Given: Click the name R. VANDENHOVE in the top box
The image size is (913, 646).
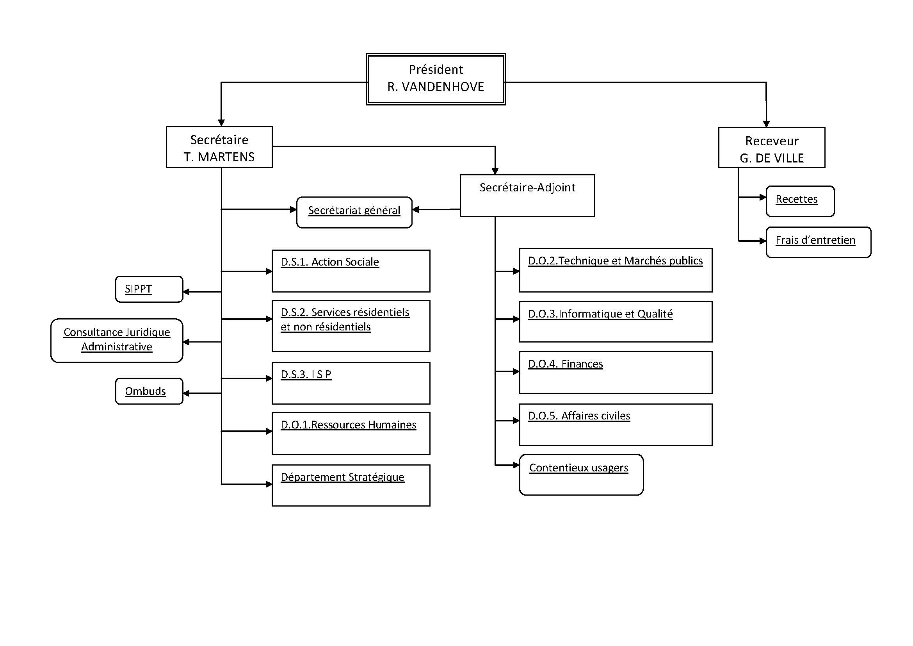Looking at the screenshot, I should coord(436,87).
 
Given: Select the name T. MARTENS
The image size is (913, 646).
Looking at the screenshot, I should coord(219,157).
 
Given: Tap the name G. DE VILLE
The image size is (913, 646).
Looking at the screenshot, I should coord(771,158).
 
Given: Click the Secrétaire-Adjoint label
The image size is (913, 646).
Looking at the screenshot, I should coord(527,187).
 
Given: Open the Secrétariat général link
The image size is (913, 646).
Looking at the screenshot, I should coord(354,211).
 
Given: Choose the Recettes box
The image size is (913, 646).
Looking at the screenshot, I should coord(797,199).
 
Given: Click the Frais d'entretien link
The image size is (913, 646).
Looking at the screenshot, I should coord(815,240).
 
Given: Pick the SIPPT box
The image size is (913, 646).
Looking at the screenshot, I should coord(139,289).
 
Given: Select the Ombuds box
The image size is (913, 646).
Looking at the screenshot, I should coord(146,391).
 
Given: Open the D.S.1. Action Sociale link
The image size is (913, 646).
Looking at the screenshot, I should coord(330,262).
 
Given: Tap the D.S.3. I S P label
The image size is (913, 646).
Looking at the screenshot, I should coord(306,375).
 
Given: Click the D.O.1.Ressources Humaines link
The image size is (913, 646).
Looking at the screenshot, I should coord(348,425).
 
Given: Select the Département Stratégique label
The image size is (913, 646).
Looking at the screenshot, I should coord(342,477).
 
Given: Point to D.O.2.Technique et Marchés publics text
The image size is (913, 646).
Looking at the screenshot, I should coord(615,261).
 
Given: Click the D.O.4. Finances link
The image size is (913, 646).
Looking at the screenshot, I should coord(565,364).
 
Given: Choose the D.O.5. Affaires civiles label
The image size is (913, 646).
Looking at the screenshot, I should coord(579,416).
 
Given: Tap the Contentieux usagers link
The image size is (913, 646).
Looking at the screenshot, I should coord(578,468).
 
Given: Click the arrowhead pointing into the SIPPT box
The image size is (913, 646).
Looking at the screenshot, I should coord(186,292).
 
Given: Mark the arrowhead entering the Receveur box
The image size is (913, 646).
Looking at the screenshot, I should coord(766,124).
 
